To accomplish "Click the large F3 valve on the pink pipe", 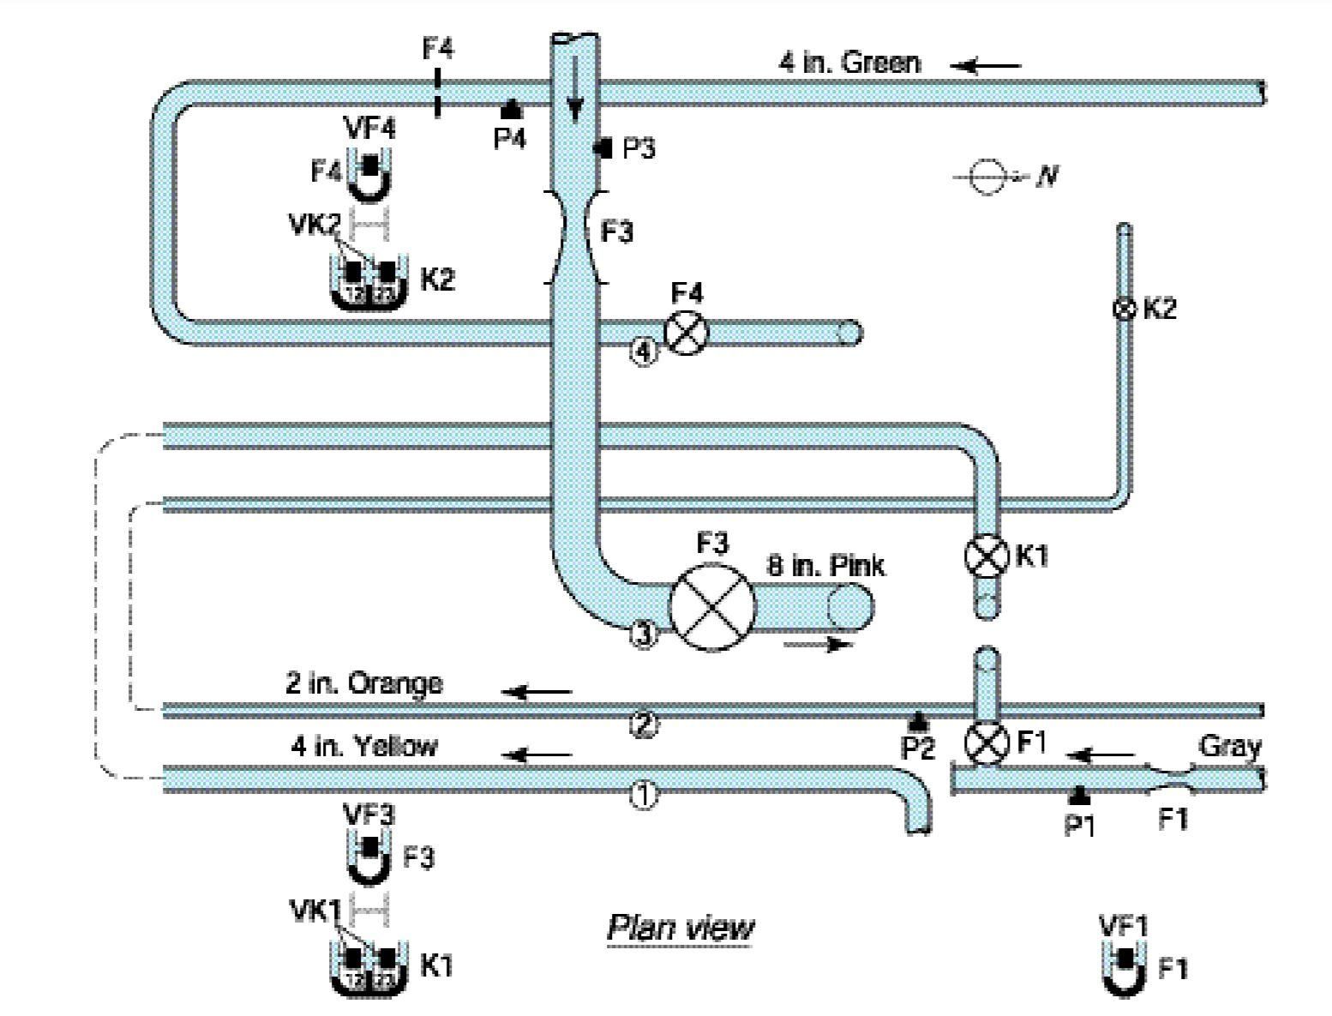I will [712, 606].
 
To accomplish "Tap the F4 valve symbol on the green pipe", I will [687, 333].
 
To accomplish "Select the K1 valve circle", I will [987, 556].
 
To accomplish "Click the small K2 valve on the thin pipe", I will [1124, 309].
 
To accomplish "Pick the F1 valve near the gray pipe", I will [987, 743].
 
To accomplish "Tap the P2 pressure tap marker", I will [918, 721].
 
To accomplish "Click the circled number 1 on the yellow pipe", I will [644, 796].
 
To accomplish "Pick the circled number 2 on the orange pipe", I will [644, 725].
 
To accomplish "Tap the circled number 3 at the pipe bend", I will [644, 634].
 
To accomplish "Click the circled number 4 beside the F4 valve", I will [644, 352].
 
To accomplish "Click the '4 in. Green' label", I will [849, 63].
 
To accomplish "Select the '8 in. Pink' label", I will [826, 566].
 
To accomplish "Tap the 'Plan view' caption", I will [681, 928].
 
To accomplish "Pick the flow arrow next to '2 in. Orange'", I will [537, 691].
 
